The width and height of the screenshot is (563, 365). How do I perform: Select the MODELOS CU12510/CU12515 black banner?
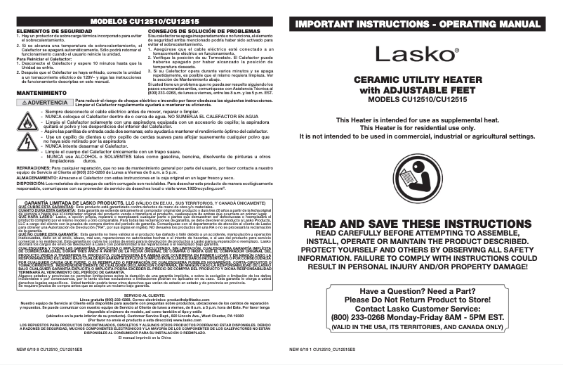140,23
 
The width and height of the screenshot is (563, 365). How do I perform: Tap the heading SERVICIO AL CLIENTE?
140,295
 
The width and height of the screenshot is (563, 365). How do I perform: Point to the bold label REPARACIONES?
32,169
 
